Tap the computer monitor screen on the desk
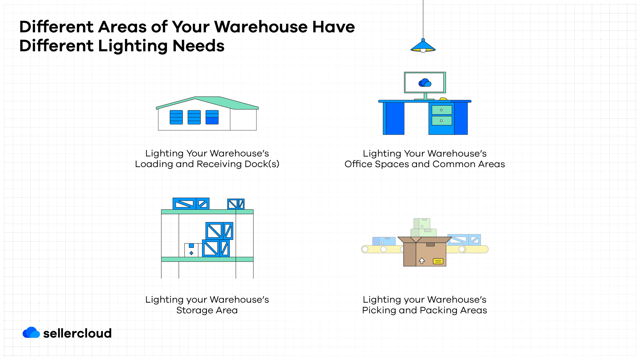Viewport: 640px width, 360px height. [425, 82]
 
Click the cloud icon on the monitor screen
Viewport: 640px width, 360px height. [425, 83]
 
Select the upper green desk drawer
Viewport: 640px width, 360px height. [442, 110]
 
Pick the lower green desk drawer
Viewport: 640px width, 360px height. [442, 121]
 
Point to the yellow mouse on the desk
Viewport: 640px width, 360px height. [443, 99]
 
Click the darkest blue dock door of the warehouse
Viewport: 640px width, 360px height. [212, 117]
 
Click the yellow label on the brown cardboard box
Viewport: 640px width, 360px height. [438, 261]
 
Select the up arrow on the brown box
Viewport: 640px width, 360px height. [422, 260]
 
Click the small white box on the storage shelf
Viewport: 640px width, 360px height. [191, 250]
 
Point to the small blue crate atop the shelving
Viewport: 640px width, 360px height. [236, 204]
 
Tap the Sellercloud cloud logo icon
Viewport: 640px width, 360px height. [31, 332]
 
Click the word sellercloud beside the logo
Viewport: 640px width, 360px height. [77, 333]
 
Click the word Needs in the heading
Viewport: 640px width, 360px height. [198, 46]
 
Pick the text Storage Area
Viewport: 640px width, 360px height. [207, 310]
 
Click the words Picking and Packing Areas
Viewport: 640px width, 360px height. [424, 310]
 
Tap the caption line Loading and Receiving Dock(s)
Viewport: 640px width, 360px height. [207, 164]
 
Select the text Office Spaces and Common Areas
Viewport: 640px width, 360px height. [424, 164]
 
